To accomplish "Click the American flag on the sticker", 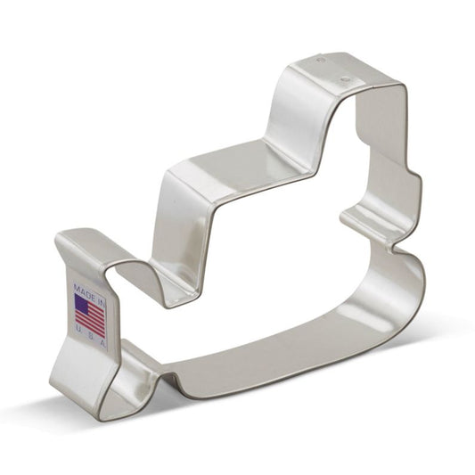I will click(89, 315).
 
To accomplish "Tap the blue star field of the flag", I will click(83, 307).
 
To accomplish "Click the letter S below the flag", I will click(93, 337).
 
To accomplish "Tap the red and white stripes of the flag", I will click(93, 318).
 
